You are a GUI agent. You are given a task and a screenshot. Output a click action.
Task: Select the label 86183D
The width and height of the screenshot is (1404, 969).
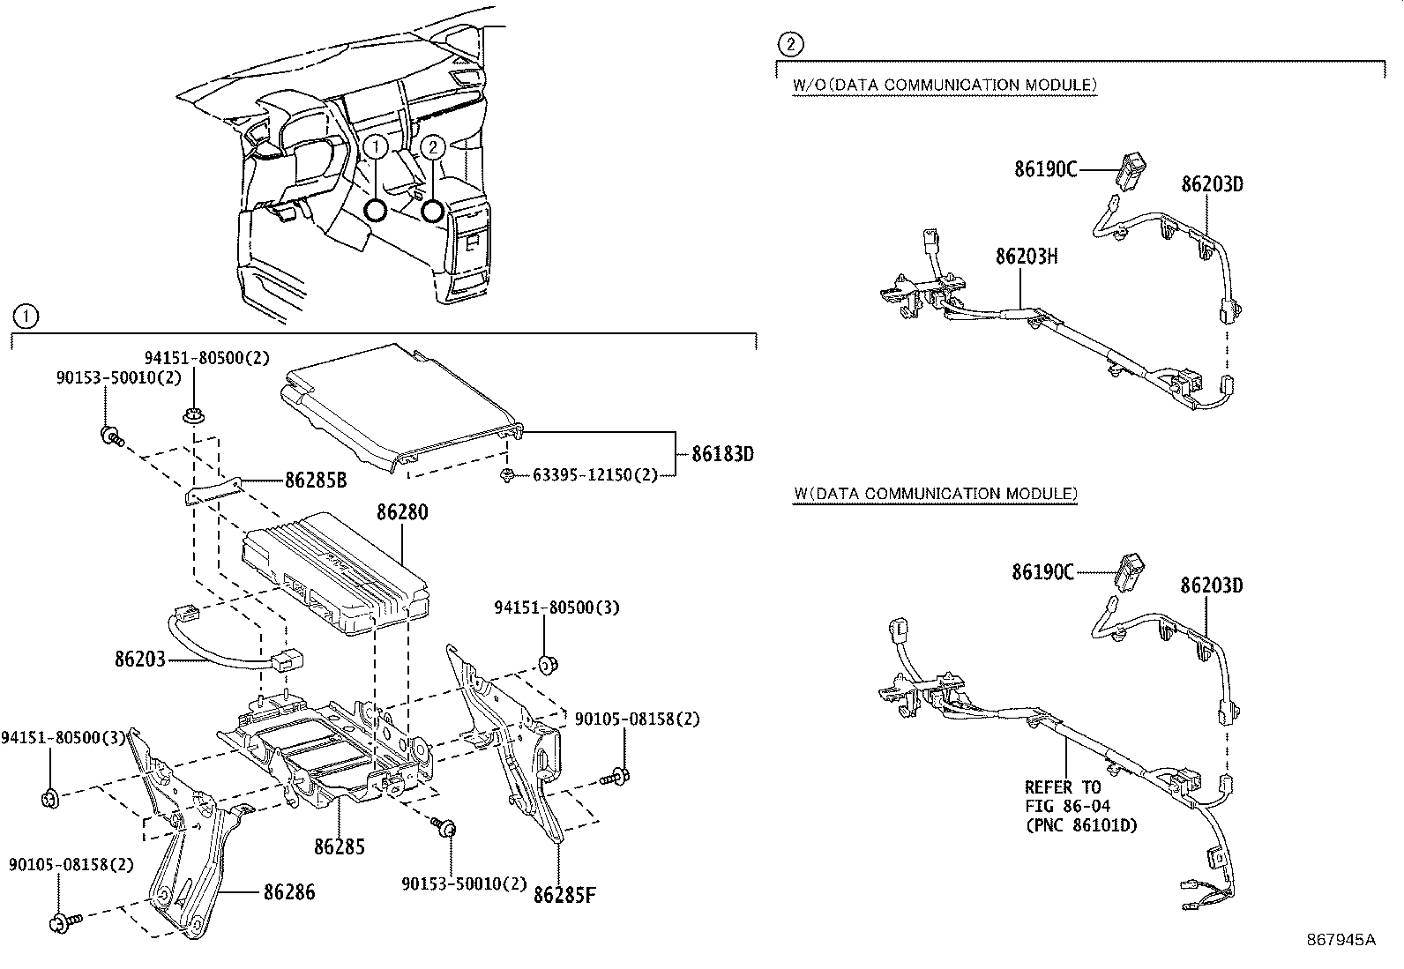pos(722,454)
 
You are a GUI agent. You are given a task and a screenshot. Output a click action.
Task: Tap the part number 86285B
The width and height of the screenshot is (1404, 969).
pos(315,481)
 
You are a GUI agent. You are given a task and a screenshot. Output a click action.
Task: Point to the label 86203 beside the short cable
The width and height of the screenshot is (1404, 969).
pos(139,659)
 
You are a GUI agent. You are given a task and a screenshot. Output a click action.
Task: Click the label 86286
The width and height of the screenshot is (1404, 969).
pos(288,892)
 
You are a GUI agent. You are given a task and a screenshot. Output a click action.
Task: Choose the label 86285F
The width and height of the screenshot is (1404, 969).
pos(564,895)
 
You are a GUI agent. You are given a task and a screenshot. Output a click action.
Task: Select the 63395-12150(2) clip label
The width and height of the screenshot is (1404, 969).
pos(595,475)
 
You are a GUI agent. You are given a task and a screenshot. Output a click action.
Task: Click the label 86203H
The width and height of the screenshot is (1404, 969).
pos(1027,256)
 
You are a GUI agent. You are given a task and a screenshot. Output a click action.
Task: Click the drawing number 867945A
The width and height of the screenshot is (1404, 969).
pos(1341,940)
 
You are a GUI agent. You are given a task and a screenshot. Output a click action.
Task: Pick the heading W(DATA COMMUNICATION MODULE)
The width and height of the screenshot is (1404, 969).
pos(934,494)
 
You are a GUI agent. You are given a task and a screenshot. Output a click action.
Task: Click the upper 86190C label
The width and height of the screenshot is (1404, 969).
pos(1045,169)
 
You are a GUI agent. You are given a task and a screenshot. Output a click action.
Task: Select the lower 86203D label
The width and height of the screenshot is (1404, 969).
pos(1212,585)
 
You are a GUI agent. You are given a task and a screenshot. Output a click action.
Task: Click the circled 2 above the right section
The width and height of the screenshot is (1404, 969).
pos(790,42)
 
